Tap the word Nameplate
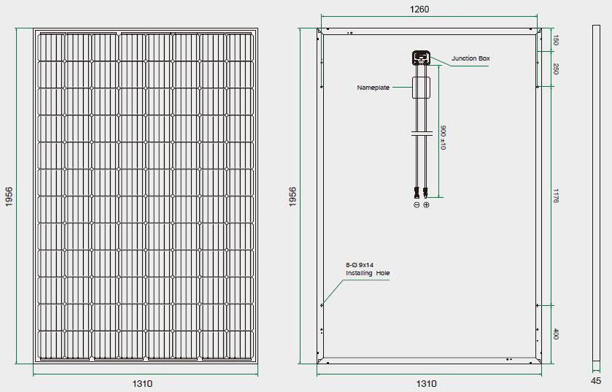pos(373,88)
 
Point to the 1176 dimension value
pos(555,195)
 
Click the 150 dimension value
pos(555,41)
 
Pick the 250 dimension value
pos(555,69)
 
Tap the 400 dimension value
pos(555,333)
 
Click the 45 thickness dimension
pos(596,380)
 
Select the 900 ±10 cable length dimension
pos(442,137)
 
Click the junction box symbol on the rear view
pos(420,56)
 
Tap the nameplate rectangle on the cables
pos(420,90)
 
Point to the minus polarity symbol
pos(417,205)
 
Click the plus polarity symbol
pos(426,205)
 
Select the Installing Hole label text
pos(368,273)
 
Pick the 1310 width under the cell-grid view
pos(143,383)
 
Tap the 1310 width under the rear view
pos(426,383)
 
